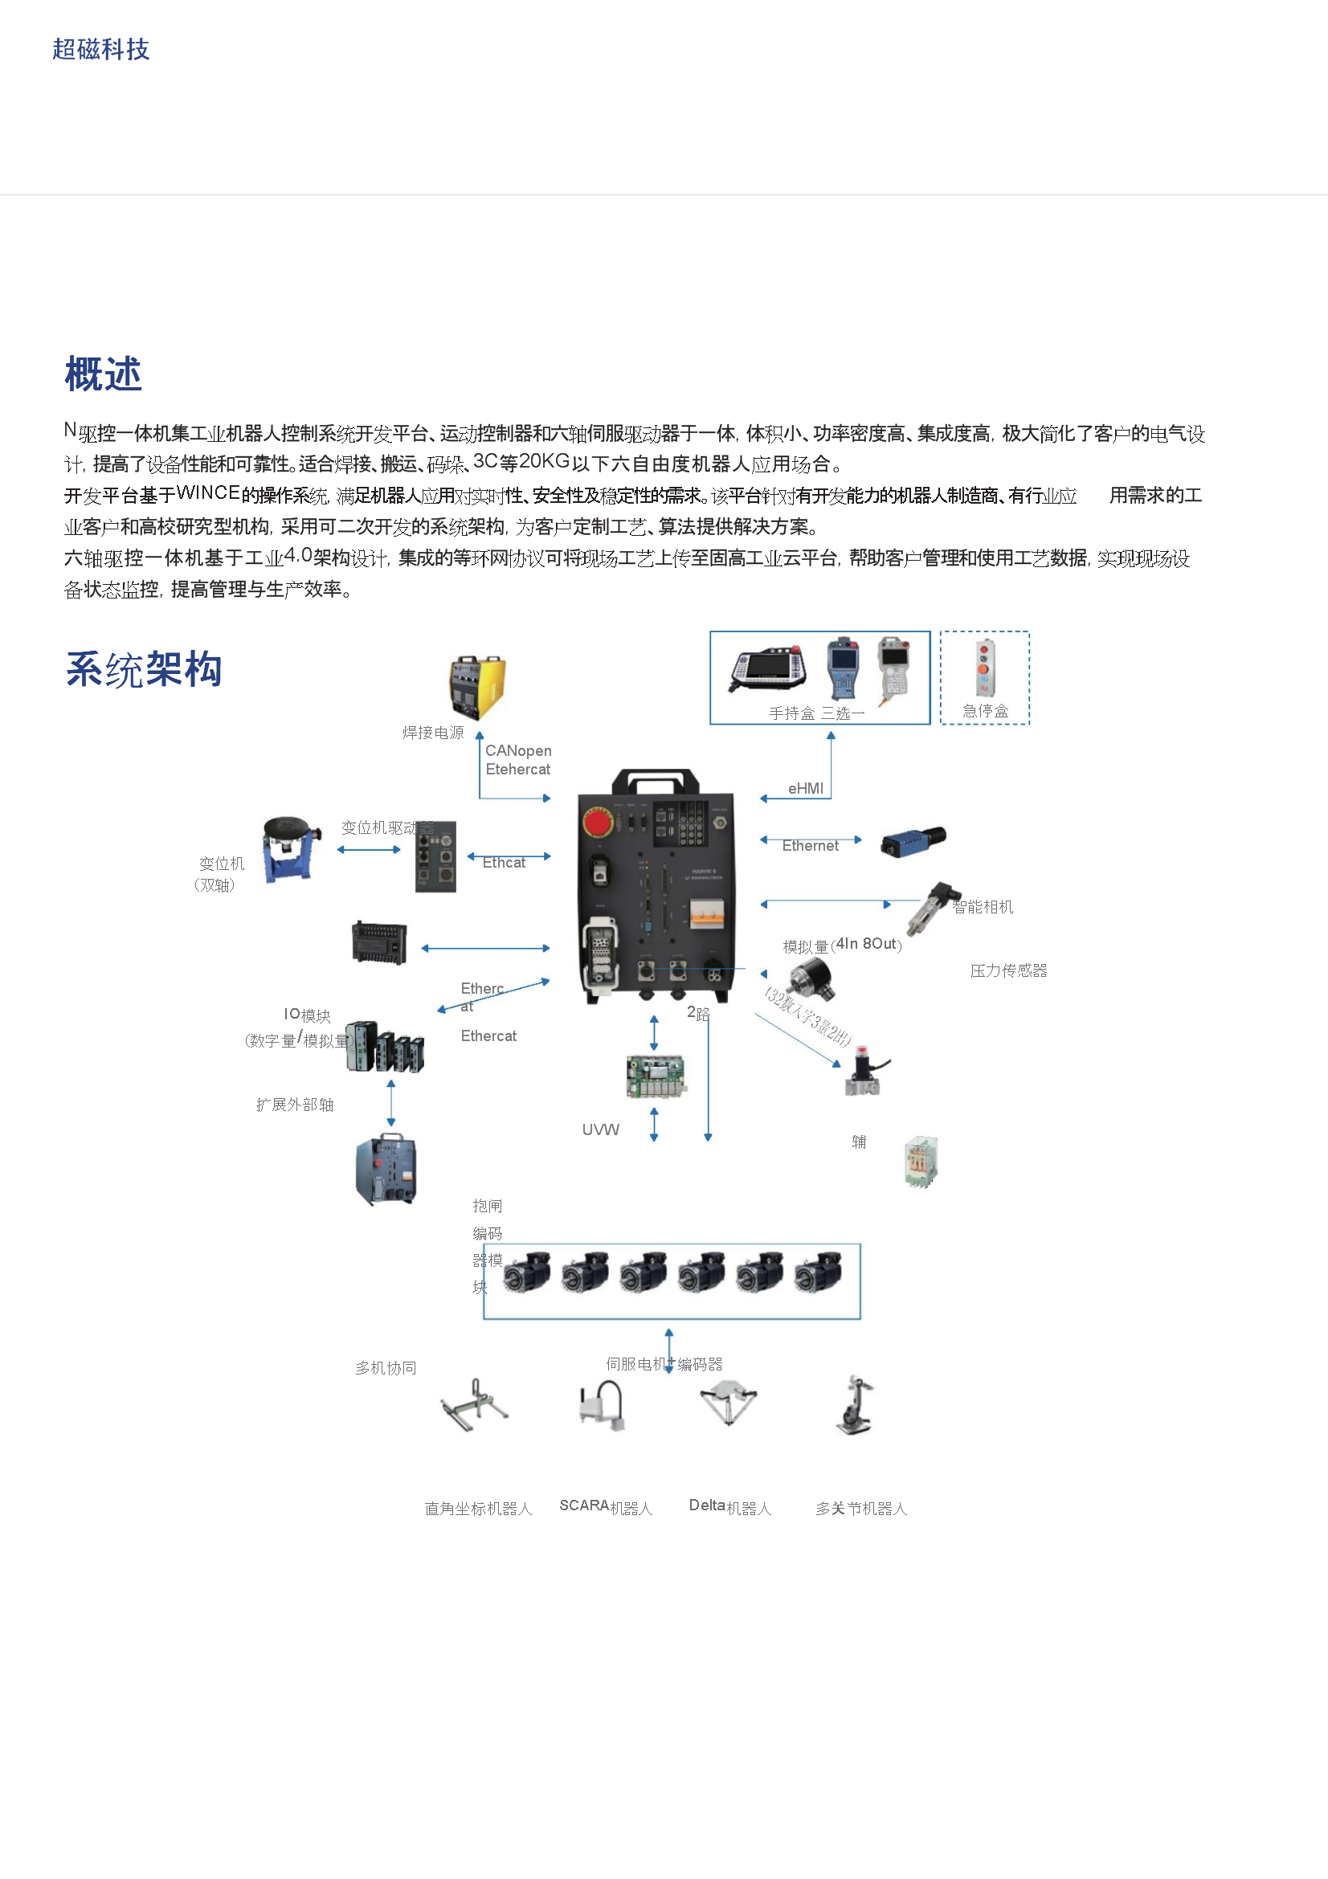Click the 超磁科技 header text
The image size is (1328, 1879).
tap(100, 50)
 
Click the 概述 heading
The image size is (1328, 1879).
tap(103, 374)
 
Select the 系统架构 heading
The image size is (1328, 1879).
tap(143, 669)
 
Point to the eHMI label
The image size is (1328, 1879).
tap(805, 788)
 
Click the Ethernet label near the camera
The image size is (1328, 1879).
tap(810, 845)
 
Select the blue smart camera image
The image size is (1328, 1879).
tap(913, 840)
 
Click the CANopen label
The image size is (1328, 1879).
tap(518, 750)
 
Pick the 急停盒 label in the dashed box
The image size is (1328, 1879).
tap(985, 710)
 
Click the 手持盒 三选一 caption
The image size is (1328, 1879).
tap(816, 713)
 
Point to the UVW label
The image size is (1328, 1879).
tap(601, 1129)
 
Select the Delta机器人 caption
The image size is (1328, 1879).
tap(729, 1506)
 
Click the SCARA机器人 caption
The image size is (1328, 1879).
tap(606, 1506)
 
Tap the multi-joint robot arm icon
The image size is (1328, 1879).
tap(855, 1405)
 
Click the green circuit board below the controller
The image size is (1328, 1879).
tap(656, 1076)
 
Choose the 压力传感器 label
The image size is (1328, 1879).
tap(1008, 970)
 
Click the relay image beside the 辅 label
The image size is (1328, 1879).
tap(921, 1161)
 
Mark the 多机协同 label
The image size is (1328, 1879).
tap(386, 1368)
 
